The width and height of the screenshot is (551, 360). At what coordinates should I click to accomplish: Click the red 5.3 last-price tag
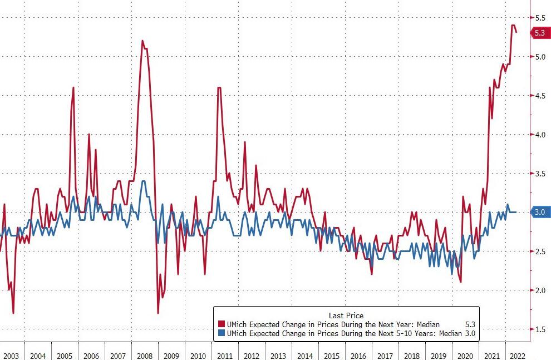click(539, 33)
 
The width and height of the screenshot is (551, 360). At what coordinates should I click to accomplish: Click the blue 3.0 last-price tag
click(539, 212)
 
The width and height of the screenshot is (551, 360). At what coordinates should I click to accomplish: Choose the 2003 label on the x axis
click(11, 354)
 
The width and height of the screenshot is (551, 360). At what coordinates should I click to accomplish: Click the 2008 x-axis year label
click(145, 354)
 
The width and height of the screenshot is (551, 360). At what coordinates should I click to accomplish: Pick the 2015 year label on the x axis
click(332, 354)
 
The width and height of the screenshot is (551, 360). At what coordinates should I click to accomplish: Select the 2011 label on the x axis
click(225, 354)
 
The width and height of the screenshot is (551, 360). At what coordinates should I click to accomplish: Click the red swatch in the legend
click(220, 324)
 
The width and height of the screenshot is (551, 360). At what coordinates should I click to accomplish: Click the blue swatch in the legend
click(220, 333)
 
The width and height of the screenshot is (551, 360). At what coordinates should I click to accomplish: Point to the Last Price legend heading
click(346, 315)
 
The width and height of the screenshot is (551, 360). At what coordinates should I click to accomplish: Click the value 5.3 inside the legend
click(469, 324)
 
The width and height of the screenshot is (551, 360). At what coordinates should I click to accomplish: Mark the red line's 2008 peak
click(142, 41)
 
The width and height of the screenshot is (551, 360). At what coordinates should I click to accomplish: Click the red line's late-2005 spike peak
click(73, 87)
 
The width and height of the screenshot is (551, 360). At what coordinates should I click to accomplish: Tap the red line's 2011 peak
click(219, 88)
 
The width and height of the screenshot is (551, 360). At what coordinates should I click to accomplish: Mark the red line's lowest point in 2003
click(13, 313)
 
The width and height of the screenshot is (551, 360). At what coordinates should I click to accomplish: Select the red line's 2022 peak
click(513, 25)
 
